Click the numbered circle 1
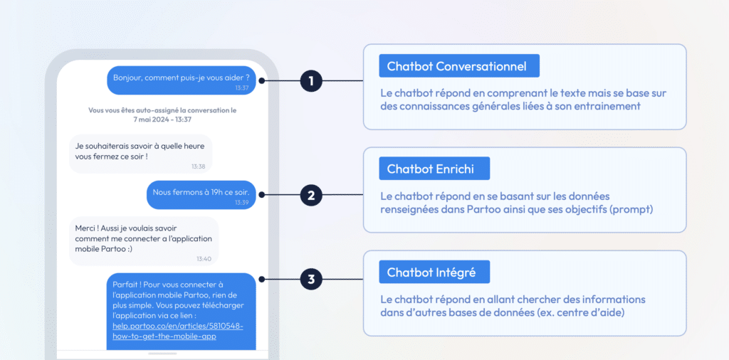coord(311,81)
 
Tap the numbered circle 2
coord(311,195)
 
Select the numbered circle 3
coord(311,279)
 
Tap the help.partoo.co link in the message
coord(177,332)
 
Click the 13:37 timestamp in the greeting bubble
coord(242,88)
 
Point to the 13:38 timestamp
coord(198,166)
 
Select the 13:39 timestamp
coord(242,203)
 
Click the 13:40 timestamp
coord(204,259)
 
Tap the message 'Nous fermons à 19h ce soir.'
coord(201,192)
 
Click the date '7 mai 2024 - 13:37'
coord(162,120)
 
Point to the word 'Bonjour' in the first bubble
coord(127,78)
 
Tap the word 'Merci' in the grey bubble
coord(86,228)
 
